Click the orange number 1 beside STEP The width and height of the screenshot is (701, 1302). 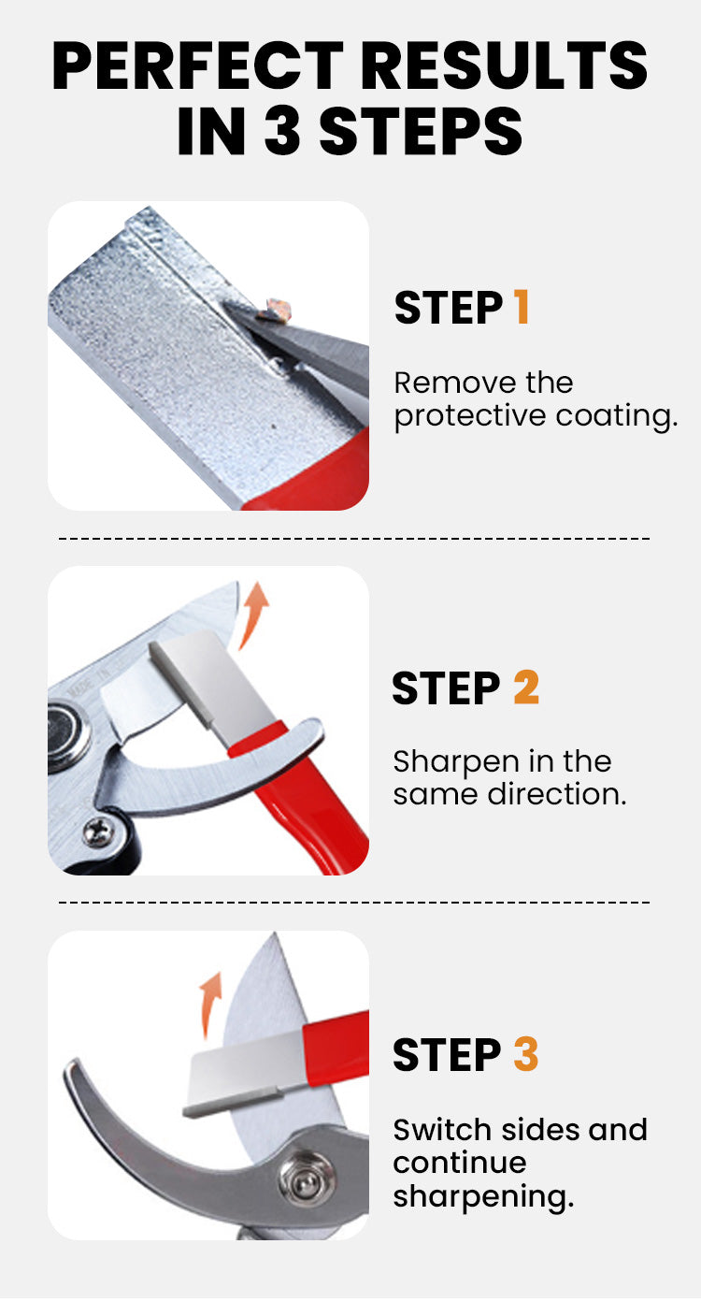point(522,307)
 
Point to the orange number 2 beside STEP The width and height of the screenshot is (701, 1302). point(526,687)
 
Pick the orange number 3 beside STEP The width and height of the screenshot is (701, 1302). point(526,1054)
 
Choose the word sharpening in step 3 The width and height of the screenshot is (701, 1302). point(483,1198)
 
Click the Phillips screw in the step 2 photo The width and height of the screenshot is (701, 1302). point(98,832)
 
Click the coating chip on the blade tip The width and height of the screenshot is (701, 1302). point(276,310)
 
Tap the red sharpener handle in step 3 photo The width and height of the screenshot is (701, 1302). point(336,1048)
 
